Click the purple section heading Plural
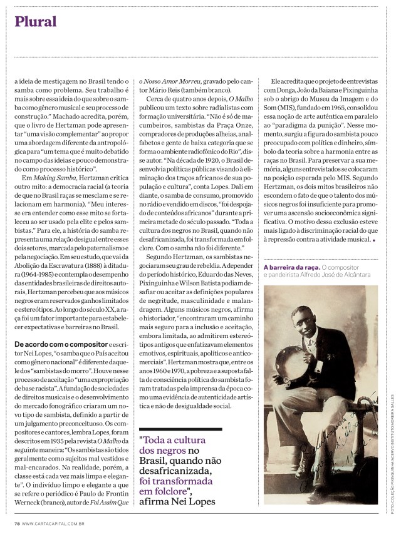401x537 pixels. click(36, 22)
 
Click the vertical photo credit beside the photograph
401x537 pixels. click(393, 457)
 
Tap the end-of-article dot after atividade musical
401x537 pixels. click(374, 240)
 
